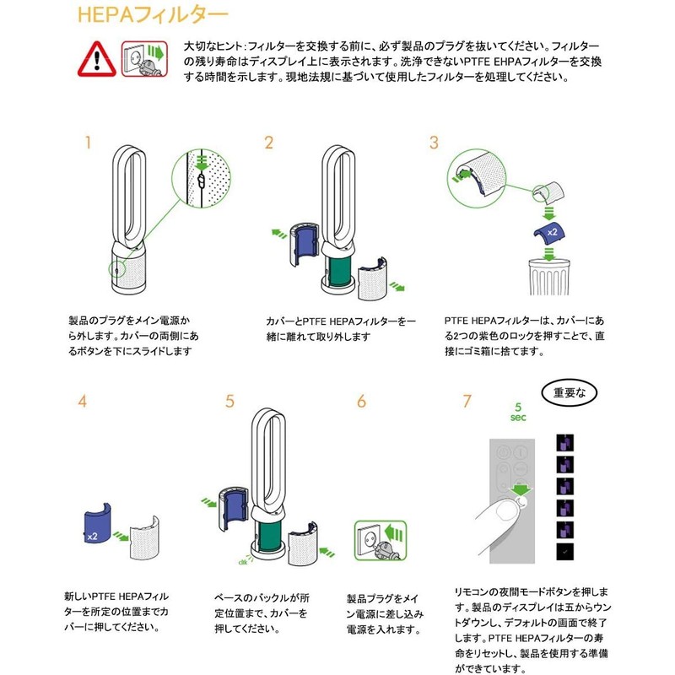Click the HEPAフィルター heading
153,15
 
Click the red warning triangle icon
97,59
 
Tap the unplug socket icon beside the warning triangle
143,59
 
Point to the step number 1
89,143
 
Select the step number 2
268,143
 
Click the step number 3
434,143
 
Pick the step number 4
82,402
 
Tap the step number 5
229,402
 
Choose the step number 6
362,402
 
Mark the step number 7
467,402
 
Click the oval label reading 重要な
569,392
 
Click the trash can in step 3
549,277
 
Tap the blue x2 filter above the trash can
549,234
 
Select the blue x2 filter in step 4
97,523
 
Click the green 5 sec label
518,412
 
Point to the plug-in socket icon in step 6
381,541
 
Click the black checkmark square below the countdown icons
564,552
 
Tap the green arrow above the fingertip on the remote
521,489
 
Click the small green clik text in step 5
242,562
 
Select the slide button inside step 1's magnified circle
201,180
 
